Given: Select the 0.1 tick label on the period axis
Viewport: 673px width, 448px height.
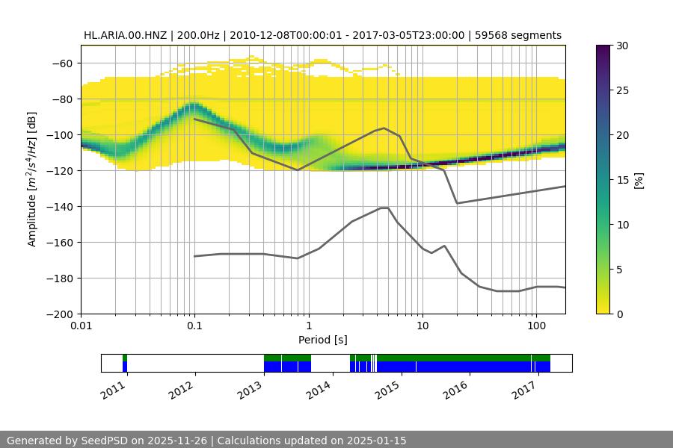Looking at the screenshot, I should point(194,326).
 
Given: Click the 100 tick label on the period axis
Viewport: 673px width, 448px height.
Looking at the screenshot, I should point(535,326).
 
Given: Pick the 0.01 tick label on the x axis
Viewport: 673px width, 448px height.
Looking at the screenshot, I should point(81,326).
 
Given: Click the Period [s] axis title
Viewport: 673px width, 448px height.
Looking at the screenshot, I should point(322,340).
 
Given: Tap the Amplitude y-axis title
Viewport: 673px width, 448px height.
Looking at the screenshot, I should point(32,179).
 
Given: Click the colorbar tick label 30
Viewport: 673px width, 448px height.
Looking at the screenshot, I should point(622,46).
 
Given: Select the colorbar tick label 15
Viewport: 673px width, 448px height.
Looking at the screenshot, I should point(622,180).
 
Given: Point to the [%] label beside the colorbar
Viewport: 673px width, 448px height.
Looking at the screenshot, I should point(639,180).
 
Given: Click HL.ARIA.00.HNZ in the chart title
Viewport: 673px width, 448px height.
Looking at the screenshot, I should point(126,35).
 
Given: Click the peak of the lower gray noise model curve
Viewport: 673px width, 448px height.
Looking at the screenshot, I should point(384,208).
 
